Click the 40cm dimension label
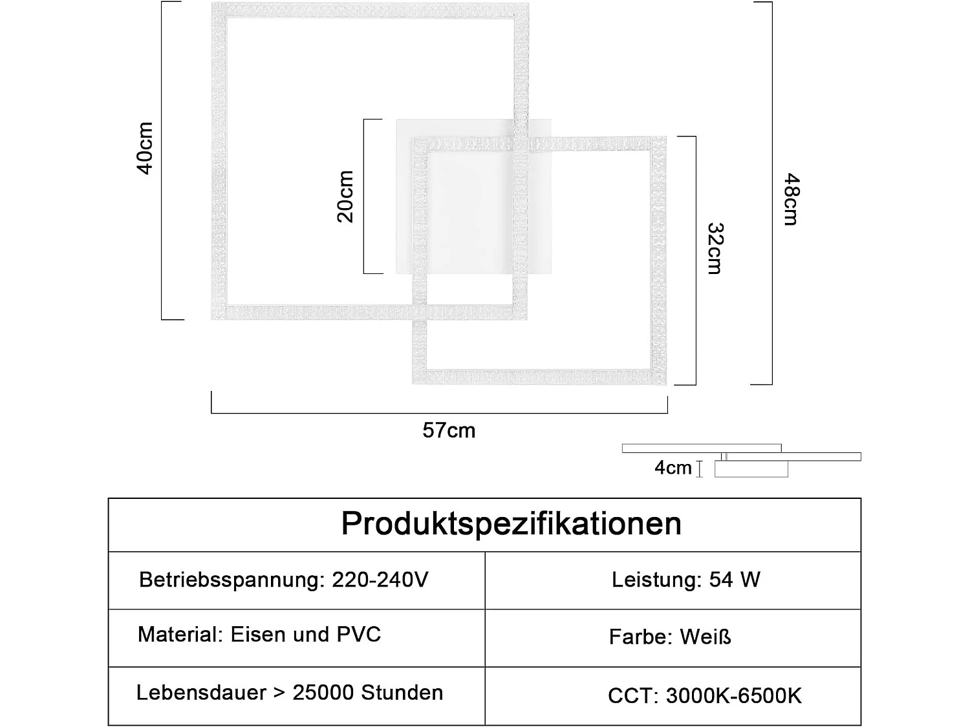click(x=145, y=148)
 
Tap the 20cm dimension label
click(x=345, y=196)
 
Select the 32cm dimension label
click(x=715, y=249)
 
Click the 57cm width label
click(x=449, y=430)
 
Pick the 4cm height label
click(x=673, y=468)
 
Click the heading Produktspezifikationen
click(x=511, y=524)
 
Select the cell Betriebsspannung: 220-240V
click(x=283, y=580)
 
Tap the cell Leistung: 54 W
click(x=685, y=580)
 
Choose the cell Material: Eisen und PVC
click(x=259, y=635)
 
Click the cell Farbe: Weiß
click(x=670, y=637)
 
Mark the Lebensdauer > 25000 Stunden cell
click(x=290, y=693)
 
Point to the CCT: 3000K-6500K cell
click(x=704, y=696)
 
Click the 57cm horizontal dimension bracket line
click(x=440, y=413)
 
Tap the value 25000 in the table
click(x=323, y=693)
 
